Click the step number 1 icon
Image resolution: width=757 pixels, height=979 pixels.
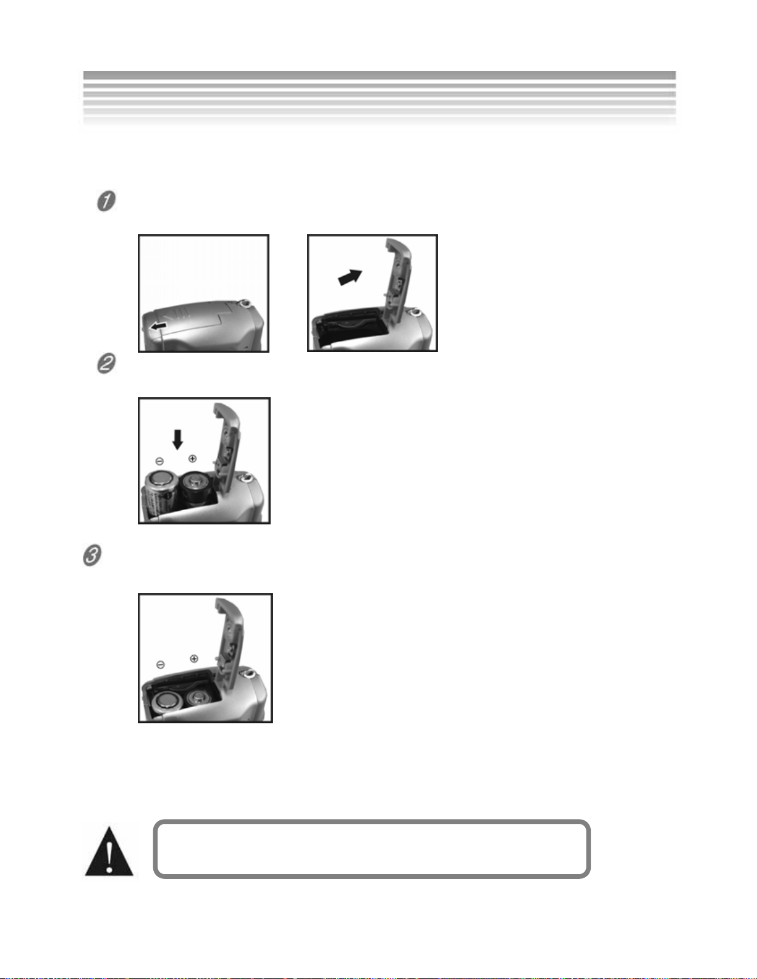pyautogui.click(x=106, y=201)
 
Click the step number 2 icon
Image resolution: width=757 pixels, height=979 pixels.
pyautogui.click(x=106, y=363)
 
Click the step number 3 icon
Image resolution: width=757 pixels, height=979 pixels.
pyautogui.click(x=92, y=555)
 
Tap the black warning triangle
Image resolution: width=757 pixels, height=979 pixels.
pyautogui.click(x=109, y=852)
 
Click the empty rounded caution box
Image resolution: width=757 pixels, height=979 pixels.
pyautogui.click(x=372, y=849)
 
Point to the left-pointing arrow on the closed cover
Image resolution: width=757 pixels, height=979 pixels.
pyautogui.click(x=158, y=325)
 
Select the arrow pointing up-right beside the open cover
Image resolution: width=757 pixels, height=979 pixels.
pyautogui.click(x=350, y=277)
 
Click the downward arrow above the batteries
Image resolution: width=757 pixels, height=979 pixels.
pyautogui.click(x=177, y=439)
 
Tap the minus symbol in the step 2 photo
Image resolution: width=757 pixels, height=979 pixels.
pyautogui.click(x=159, y=461)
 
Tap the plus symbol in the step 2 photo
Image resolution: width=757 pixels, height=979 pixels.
pyautogui.click(x=192, y=459)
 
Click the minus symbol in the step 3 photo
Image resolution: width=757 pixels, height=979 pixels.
pyautogui.click(x=161, y=665)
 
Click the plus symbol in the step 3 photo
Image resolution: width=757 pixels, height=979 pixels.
pyautogui.click(x=194, y=658)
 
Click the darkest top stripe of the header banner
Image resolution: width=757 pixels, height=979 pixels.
pyautogui.click(x=379, y=75)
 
